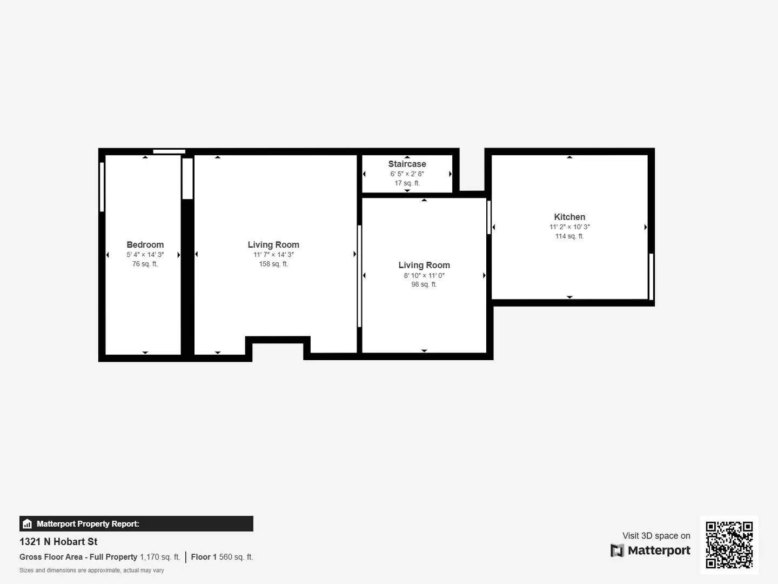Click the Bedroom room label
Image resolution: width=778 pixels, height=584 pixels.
(145, 245)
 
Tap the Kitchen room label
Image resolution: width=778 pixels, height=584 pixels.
(569, 217)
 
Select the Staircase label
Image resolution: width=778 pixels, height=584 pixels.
(407, 164)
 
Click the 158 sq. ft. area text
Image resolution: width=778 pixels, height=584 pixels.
(273, 264)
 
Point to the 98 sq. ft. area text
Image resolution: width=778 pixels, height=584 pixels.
(424, 284)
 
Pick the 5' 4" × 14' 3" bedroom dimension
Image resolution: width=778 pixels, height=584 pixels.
(145, 255)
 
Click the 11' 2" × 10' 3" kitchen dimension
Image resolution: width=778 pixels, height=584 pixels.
(569, 227)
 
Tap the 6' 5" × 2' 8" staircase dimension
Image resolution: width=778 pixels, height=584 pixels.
(407, 174)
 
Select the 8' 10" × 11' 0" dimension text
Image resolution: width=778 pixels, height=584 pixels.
(424, 275)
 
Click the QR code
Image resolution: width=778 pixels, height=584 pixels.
(729, 545)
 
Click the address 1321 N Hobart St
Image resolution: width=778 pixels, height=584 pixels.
(58, 542)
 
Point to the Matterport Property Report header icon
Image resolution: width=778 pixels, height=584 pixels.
(28, 524)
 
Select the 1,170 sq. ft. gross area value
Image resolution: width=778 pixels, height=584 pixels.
(160, 557)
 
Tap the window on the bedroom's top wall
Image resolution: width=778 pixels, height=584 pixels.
(169, 151)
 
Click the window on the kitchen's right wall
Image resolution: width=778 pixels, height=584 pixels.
(651, 276)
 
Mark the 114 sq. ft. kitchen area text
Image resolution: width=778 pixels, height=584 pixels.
(569, 236)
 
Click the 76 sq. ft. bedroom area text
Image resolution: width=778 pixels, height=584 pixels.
(145, 264)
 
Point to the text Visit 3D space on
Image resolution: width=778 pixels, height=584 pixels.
(656, 536)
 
